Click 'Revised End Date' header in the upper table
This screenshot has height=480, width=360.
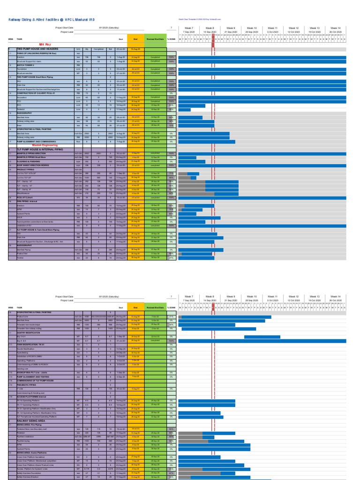coord(155,40)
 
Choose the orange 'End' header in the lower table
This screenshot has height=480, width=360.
coord(135,307)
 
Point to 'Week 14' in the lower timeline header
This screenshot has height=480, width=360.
coord(335,297)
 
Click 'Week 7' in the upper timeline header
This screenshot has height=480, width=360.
coord(189,28)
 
